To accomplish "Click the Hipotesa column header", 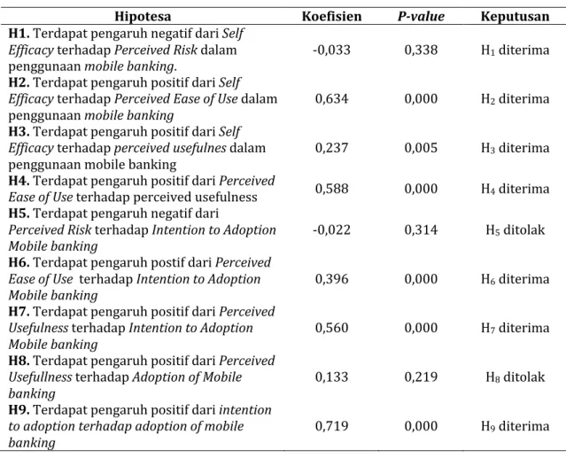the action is click(x=143, y=16).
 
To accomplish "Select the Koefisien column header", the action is click(x=332, y=16).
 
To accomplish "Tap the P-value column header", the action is click(x=421, y=16).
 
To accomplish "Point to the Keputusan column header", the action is click(x=516, y=16).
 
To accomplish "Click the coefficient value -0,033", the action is click(x=331, y=50).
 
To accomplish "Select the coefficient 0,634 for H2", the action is click(x=332, y=98).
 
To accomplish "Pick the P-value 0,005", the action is click(x=421, y=148).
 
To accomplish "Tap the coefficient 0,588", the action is click(x=332, y=189).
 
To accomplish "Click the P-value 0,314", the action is click(x=421, y=229).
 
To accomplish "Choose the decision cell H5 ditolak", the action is click(x=516, y=229).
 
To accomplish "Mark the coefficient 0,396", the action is click(x=332, y=279).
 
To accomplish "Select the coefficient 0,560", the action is click(x=332, y=328).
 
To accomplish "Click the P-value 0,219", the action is click(x=421, y=376).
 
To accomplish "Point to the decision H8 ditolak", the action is click(x=516, y=376).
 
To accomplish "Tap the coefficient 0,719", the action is click(x=332, y=426).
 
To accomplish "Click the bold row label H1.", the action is click(x=19, y=33).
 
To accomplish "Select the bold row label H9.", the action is click(x=19, y=409).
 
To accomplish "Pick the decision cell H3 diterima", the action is click(x=516, y=148).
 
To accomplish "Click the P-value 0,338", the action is click(x=421, y=50).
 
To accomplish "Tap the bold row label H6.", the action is click(x=19, y=262).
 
